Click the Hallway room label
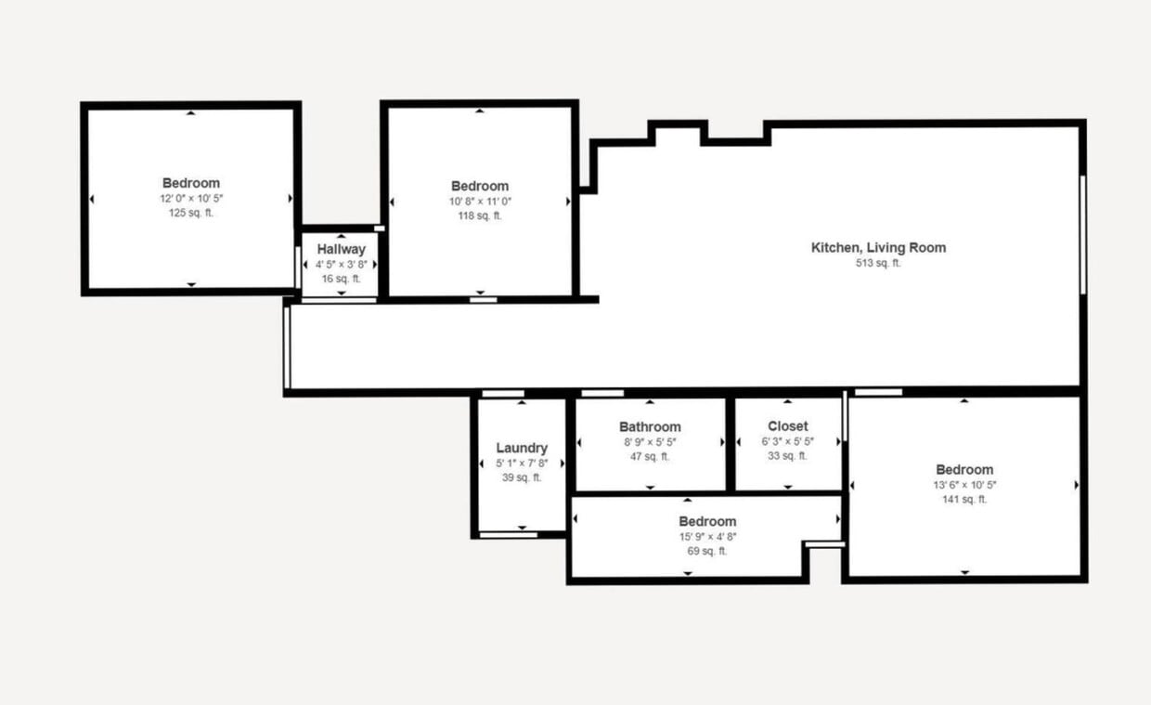[x=341, y=249]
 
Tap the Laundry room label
[x=521, y=448]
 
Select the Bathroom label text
[x=650, y=427]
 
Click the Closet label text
[x=787, y=426]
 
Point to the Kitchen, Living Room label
[x=878, y=247]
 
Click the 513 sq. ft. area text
[x=878, y=263]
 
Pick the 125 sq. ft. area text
[x=190, y=213]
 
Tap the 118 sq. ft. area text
[x=479, y=215]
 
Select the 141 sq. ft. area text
[x=964, y=499]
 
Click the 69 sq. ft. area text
[x=706, y=551]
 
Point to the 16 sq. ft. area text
[x=341, y=279]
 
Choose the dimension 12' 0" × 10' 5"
[x=190, y=198]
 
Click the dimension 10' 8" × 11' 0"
[x=479, y=201]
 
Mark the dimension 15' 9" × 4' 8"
[x=706, y=536]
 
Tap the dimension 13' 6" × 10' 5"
[x=964, y=484]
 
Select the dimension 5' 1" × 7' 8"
[x=521, y=463]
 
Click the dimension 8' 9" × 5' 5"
[x=650, y=442]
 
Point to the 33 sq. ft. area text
[x=787, y=456]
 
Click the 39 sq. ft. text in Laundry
[x=521, y=477]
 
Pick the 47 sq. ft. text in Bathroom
[x=650, y=456]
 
